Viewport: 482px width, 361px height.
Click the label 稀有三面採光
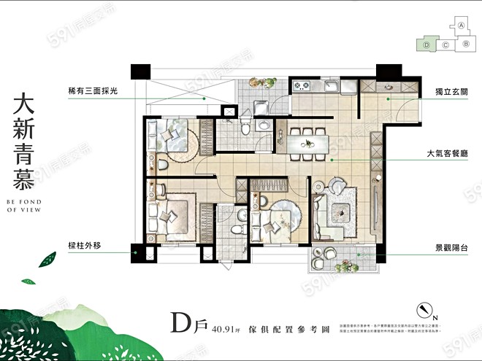[x=93, y=91]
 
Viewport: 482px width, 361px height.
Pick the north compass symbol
[x=421, y=309]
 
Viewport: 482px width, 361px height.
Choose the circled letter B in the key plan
[x=464, y=44]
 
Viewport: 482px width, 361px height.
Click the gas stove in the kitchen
[x=302, y=88]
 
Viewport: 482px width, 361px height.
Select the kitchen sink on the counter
[x=329, y=88]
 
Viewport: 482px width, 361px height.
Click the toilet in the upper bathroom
[x=245, y=128]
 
